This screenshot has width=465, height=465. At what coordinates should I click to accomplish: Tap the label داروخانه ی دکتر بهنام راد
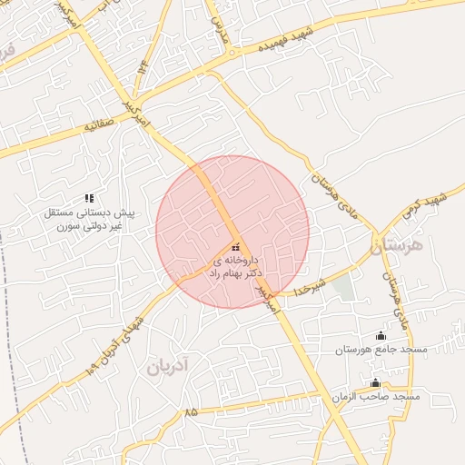click(x=235, y=266)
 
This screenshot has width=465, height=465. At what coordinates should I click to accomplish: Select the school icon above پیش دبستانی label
click(x=89, y=197)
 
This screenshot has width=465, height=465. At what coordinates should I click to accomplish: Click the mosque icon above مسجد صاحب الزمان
click(x=376, y=382)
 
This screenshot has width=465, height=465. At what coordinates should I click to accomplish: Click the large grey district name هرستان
click(x=399, y=246)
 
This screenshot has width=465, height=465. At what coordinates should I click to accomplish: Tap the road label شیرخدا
click(x=310, y=286)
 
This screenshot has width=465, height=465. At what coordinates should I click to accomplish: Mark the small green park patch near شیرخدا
click(x=342, y=288)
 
